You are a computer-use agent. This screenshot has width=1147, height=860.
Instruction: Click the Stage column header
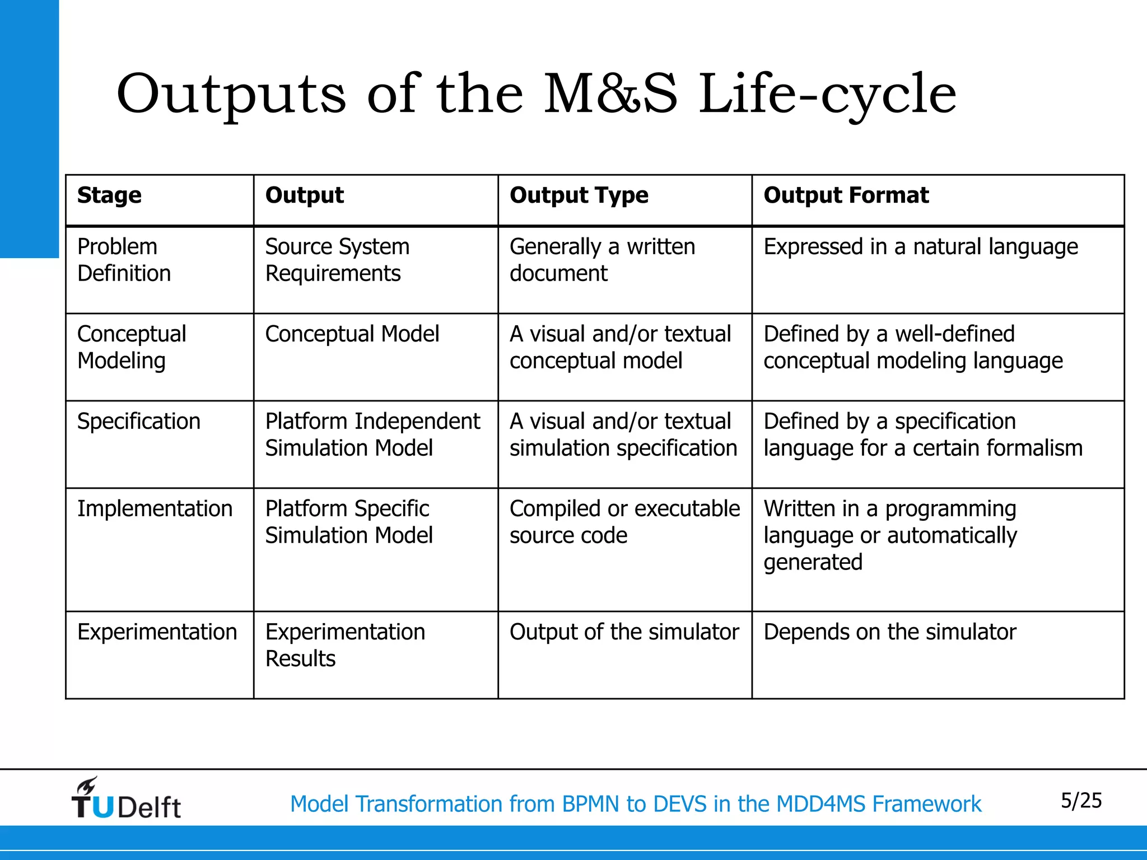110,195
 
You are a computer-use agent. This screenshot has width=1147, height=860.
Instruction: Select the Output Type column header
579,195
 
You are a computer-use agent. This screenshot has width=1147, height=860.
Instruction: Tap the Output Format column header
846,195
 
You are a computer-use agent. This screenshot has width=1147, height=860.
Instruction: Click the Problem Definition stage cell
124,260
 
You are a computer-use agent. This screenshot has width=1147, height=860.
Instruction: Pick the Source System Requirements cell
337,260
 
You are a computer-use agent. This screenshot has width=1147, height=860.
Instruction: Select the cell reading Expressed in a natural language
920,247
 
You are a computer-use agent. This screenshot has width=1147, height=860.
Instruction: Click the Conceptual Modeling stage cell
132,347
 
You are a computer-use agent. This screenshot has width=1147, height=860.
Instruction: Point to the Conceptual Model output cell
352,334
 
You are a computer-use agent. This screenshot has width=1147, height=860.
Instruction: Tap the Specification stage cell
139,422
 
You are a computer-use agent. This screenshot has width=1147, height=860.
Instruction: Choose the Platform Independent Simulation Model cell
372,434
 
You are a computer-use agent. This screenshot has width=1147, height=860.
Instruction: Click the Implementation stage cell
155,509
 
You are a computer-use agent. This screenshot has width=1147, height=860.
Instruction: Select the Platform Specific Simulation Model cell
349,522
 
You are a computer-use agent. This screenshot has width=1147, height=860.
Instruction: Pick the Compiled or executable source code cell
624,522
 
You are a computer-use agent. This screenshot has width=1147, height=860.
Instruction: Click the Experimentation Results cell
345,645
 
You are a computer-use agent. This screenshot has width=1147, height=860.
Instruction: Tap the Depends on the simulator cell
889,632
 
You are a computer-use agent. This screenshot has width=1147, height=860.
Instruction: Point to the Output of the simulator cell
624,632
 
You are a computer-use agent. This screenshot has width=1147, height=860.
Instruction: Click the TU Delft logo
126,800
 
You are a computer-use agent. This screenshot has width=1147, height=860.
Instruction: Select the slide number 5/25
1081,801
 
